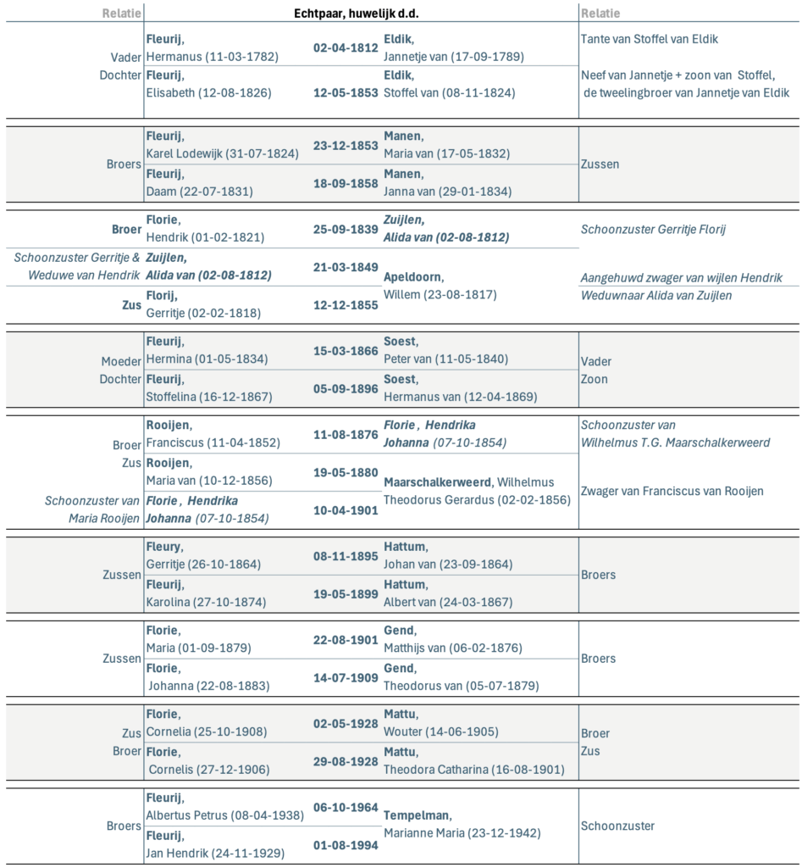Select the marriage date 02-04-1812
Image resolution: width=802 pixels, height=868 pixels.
(346, 48)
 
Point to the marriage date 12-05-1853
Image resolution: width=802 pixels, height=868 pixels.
(346, 92)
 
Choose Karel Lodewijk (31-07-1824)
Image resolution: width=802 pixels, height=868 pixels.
(223, 153)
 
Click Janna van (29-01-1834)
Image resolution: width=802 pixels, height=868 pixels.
(447, 192)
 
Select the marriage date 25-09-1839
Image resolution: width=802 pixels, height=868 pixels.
(346, 230)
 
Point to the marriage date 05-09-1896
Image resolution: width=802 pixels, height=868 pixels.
(346, 388)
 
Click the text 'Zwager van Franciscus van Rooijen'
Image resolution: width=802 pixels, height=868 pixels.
(672, 491)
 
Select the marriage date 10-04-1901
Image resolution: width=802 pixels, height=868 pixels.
(346, 509)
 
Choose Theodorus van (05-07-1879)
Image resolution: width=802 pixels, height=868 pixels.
(461, 686)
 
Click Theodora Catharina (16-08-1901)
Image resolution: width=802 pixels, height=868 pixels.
(474, 770)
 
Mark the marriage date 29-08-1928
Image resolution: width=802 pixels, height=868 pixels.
(346, 761)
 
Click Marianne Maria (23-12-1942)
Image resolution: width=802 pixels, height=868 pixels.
(462, 832)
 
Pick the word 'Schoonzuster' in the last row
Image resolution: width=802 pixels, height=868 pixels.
(617, 826)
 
